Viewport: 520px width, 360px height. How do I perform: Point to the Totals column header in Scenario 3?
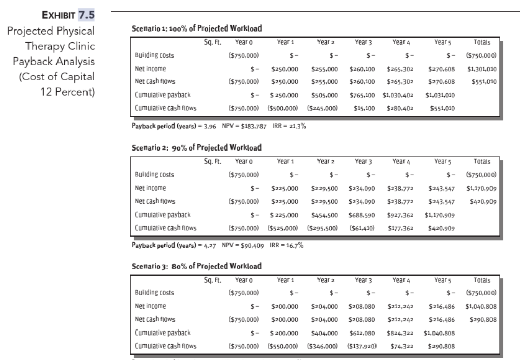481,279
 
